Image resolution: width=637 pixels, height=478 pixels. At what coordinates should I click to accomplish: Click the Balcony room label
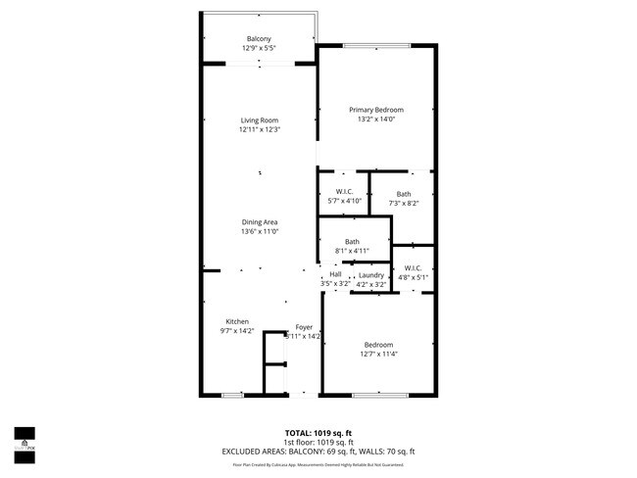coord(260,38)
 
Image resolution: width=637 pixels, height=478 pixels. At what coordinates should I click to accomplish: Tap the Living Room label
coord(260,120)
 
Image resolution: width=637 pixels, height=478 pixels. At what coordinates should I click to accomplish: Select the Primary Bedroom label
coord(376,110)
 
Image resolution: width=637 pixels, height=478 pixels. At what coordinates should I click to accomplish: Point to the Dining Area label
coord(260,222)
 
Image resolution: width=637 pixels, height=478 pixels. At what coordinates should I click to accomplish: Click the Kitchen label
coord(237,321)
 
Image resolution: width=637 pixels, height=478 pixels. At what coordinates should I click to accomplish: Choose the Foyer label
coord(304,327)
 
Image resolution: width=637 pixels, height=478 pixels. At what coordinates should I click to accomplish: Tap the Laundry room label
coord(371,275)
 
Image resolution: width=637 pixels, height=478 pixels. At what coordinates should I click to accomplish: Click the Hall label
coord(335,275)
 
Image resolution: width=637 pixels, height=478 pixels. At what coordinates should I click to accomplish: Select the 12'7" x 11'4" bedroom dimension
coord(378,354)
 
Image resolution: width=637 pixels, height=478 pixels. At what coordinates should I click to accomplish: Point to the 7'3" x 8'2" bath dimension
coord(404,203)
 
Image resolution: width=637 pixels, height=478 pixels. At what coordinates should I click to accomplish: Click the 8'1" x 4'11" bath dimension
coord(352,251)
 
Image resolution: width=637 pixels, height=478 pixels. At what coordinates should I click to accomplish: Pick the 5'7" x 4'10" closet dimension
coord(344,201)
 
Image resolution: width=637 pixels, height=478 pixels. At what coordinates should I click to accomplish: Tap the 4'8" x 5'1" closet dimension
coord(412,277)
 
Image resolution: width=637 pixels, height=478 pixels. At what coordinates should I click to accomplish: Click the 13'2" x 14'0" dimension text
coord(376,119)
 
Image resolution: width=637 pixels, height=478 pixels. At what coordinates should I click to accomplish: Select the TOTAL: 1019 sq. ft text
coord(318,432)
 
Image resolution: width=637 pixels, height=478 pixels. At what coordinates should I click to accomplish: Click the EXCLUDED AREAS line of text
coord(318,452)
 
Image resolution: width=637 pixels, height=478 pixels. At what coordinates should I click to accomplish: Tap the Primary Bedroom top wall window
coord(374,46)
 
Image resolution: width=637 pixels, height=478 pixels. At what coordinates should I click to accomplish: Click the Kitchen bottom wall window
coord(232,395)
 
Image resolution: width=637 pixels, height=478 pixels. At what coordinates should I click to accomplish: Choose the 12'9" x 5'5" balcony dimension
coord(260,48)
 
